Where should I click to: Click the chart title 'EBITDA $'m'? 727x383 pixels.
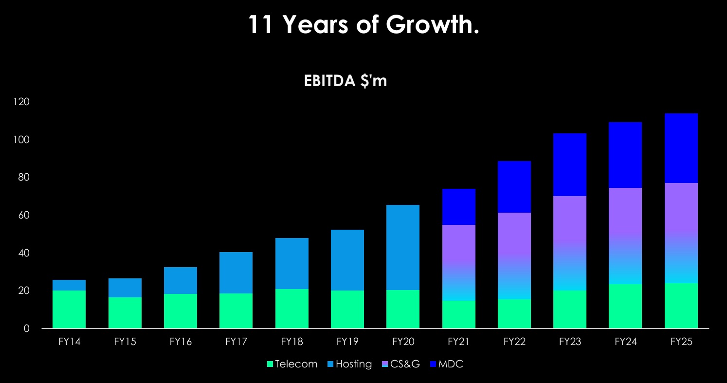tap(345, 81)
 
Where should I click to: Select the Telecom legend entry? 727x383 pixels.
tap(292, 364)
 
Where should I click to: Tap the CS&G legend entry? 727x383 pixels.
tap(402, 364)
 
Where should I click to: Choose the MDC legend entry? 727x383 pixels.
tap(446, 364)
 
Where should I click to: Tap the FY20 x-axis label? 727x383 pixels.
tap(403, 342)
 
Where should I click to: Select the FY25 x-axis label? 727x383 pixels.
tap(681, 342)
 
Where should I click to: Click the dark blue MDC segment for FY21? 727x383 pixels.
tap(458, 207)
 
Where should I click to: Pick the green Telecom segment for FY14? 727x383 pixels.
tap(69, 310)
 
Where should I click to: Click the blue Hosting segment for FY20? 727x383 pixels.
tap(403, 247)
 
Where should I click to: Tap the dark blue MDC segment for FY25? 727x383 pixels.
tap(681, 148)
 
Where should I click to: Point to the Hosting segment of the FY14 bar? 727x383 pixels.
tap(69, 285)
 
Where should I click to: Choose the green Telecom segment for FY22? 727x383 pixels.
tap(514, 314)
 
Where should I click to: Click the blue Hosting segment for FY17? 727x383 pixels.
tap(236, 273)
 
